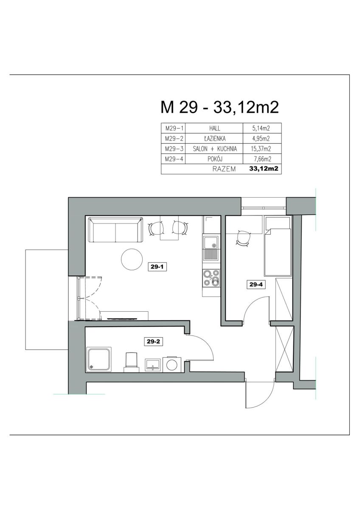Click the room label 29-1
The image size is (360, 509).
coord(157,267)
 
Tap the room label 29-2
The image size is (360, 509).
coord(154,341)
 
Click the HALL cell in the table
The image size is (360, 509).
coord(214,129)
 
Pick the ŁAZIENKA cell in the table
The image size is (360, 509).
coord(214,138)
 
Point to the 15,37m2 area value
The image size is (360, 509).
coord(262,148)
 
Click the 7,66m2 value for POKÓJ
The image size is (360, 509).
coord(263,159)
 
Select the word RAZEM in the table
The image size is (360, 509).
coord(224,169)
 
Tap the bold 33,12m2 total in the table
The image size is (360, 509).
coord(264,169)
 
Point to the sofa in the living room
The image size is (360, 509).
coord(116,230)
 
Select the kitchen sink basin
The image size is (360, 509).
coord(211,242)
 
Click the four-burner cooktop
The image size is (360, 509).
coord(211,278)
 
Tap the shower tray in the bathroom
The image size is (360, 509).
coord(99,359)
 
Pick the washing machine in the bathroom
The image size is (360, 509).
coord(172,364)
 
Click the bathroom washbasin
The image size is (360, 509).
coord(153,365)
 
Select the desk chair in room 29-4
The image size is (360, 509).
coord(243,238)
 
